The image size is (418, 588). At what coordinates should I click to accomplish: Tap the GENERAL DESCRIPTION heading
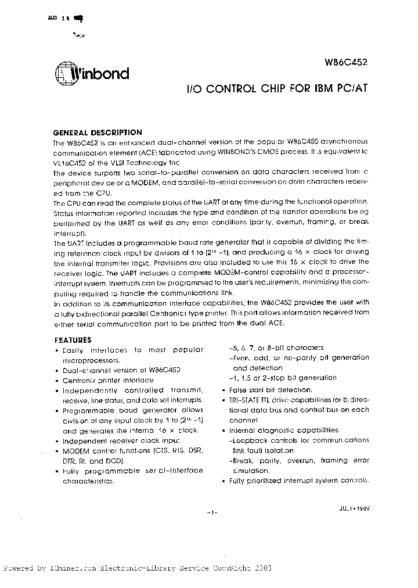click(x=98, y=132)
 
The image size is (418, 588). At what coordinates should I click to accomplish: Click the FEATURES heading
click(x=73, y=340)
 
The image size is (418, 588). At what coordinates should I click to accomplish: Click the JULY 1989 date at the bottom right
click(x=354, y=507)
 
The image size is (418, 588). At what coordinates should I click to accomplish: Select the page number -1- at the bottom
click(x=211, y=512)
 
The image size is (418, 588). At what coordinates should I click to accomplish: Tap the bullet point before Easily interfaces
click(x=57, y=350)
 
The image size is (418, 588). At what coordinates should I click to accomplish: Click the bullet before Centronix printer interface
click(x=57, y=380)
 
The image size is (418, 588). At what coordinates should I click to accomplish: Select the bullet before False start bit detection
click(x=224, y=390)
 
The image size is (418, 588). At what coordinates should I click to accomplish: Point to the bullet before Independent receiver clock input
click(x=57, y=441)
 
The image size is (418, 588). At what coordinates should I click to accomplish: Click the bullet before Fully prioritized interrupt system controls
click(x=224, y=481)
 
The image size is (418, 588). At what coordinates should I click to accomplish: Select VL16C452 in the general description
click(x=70, y=162)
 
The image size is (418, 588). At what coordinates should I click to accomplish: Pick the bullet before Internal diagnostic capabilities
click(x=224, y=431)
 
